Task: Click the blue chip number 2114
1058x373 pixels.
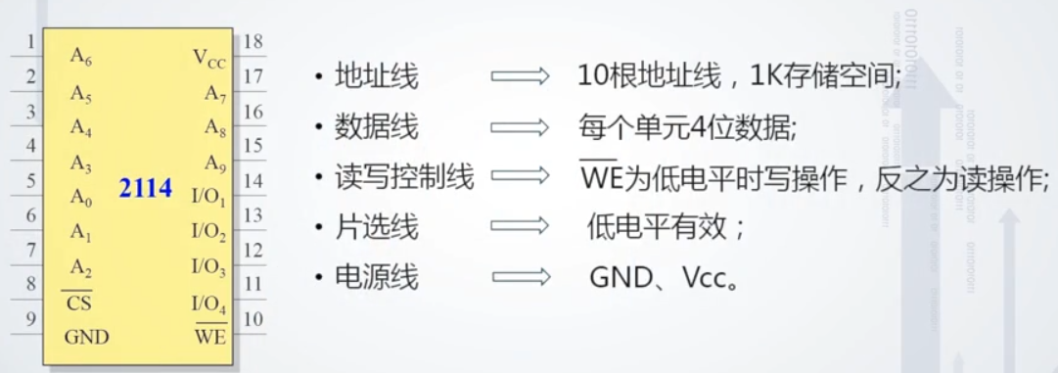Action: [146, 187]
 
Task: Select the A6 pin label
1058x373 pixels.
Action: [81, 57]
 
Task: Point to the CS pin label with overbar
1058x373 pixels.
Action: [79, 303]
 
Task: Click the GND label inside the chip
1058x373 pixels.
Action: [87, 338]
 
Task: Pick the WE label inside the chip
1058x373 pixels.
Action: [210, 338]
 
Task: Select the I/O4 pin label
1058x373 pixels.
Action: [208, 303]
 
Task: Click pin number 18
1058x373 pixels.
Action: [252, 42]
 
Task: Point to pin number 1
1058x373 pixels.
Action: [30, 42]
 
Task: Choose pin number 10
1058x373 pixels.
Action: [252, 319]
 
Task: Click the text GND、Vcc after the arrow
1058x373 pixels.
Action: [662, 278]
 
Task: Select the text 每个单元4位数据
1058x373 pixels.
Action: [688, 127]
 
